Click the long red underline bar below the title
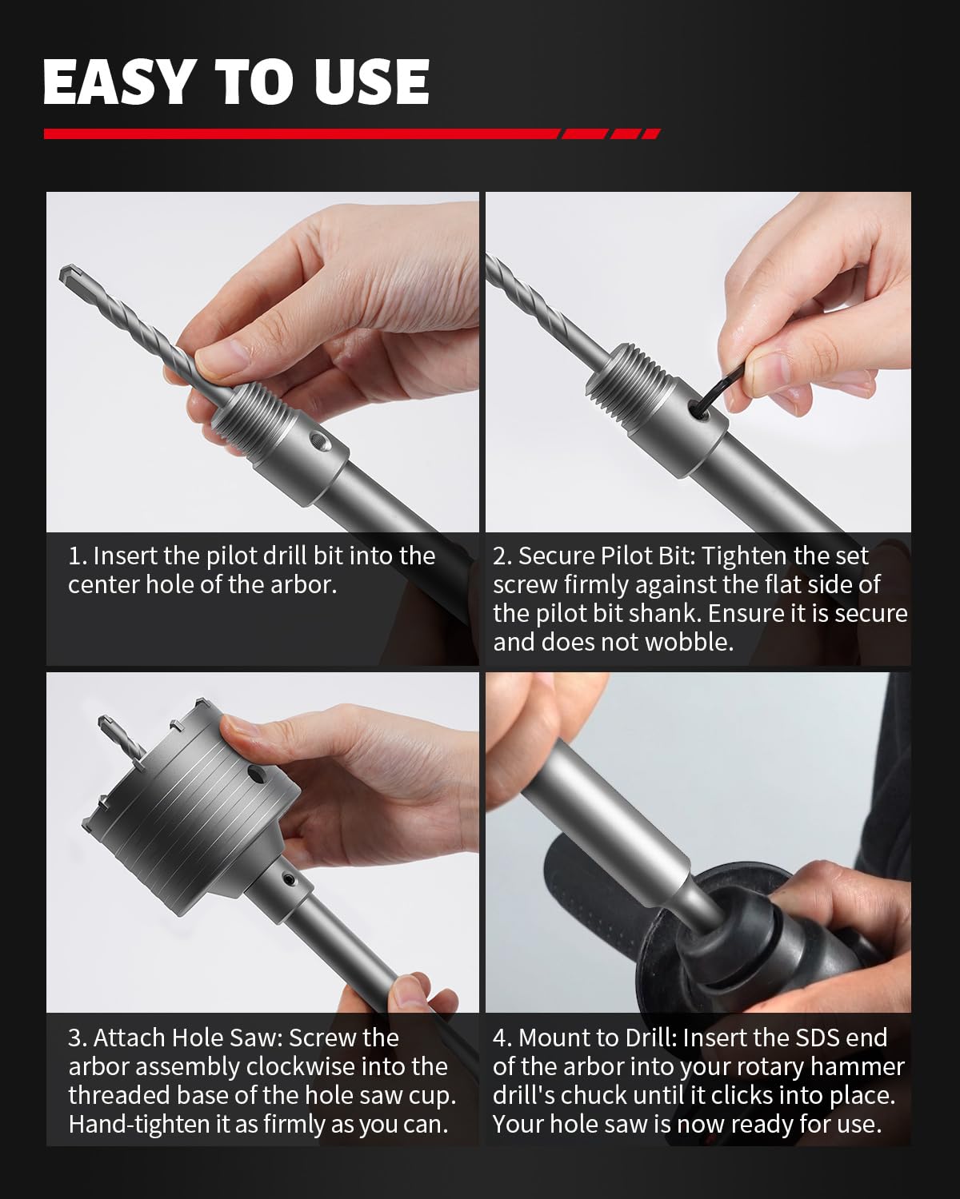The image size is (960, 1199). [x=302, y=133]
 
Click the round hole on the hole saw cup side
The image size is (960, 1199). [x=257, y=773]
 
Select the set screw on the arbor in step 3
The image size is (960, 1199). [x=288, y=879]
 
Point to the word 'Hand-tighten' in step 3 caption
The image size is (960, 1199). [x=139, y=1124]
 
